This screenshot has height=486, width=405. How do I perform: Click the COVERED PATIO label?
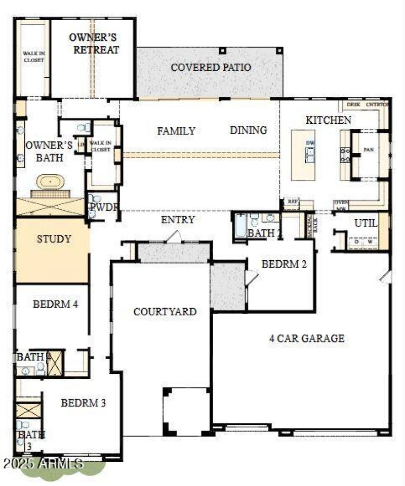pyautogui.click(x=211, y=68)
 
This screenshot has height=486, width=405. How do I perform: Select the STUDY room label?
pyautogui.click(x=54, y=239)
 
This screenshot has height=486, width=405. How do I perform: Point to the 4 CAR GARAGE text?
pyautogui.click(x=306, y=338)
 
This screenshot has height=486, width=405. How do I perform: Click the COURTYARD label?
pyautogui.click(x=165, y=312)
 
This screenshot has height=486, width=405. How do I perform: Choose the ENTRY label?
pyautogui.click(x=178, y=220)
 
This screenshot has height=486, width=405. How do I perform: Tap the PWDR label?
pyautogui.click(x=104, y=207)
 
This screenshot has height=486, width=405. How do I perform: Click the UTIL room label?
pyautogui.click(x=366, y=223)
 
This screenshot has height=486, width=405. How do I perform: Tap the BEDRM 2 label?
pyautogui.click(x=284, y=263)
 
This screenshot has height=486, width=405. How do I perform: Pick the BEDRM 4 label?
pyautogui.click(x=55, y=304)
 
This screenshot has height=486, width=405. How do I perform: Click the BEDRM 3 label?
pyautogui.click(x=84, y=403)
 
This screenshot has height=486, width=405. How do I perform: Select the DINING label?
pyautogui.click(x=248, y=130)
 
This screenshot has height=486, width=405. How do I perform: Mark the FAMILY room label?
pyautogui.click(x=176, y=131)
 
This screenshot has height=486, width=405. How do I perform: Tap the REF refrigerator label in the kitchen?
pyautogui.click(x=292, y=201)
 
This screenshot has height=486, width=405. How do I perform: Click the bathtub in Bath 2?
pyautogui.click(x=240, y=227)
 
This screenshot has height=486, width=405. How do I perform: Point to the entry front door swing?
pyautogui.click(x=174, y=236)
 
